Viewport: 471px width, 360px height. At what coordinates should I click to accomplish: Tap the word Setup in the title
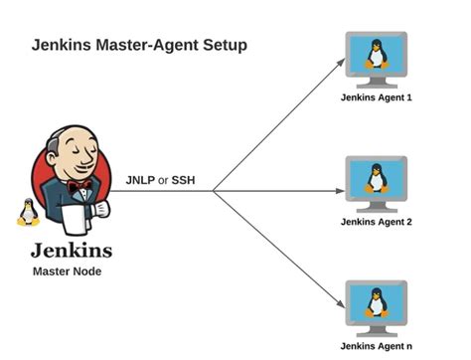tap(222, 46)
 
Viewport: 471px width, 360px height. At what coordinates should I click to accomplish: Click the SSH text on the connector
tap(184, 180)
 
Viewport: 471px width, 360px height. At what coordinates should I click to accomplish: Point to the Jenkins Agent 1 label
tap(376, 97)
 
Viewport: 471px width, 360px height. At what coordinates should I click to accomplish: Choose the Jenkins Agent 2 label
tap(376, 221)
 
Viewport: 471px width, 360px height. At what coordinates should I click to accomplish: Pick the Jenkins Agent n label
tap(376, 345)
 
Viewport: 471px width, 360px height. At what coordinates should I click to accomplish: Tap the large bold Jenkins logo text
tap(71, 250)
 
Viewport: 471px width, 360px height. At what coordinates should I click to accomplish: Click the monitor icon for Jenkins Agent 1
tap(376, 59)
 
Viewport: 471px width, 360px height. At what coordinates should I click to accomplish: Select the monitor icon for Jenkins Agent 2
tap(376, 182)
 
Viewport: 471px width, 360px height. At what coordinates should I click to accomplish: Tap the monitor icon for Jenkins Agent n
tap(376, 306)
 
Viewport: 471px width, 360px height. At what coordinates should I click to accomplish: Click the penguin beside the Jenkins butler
tap(28, 213)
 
